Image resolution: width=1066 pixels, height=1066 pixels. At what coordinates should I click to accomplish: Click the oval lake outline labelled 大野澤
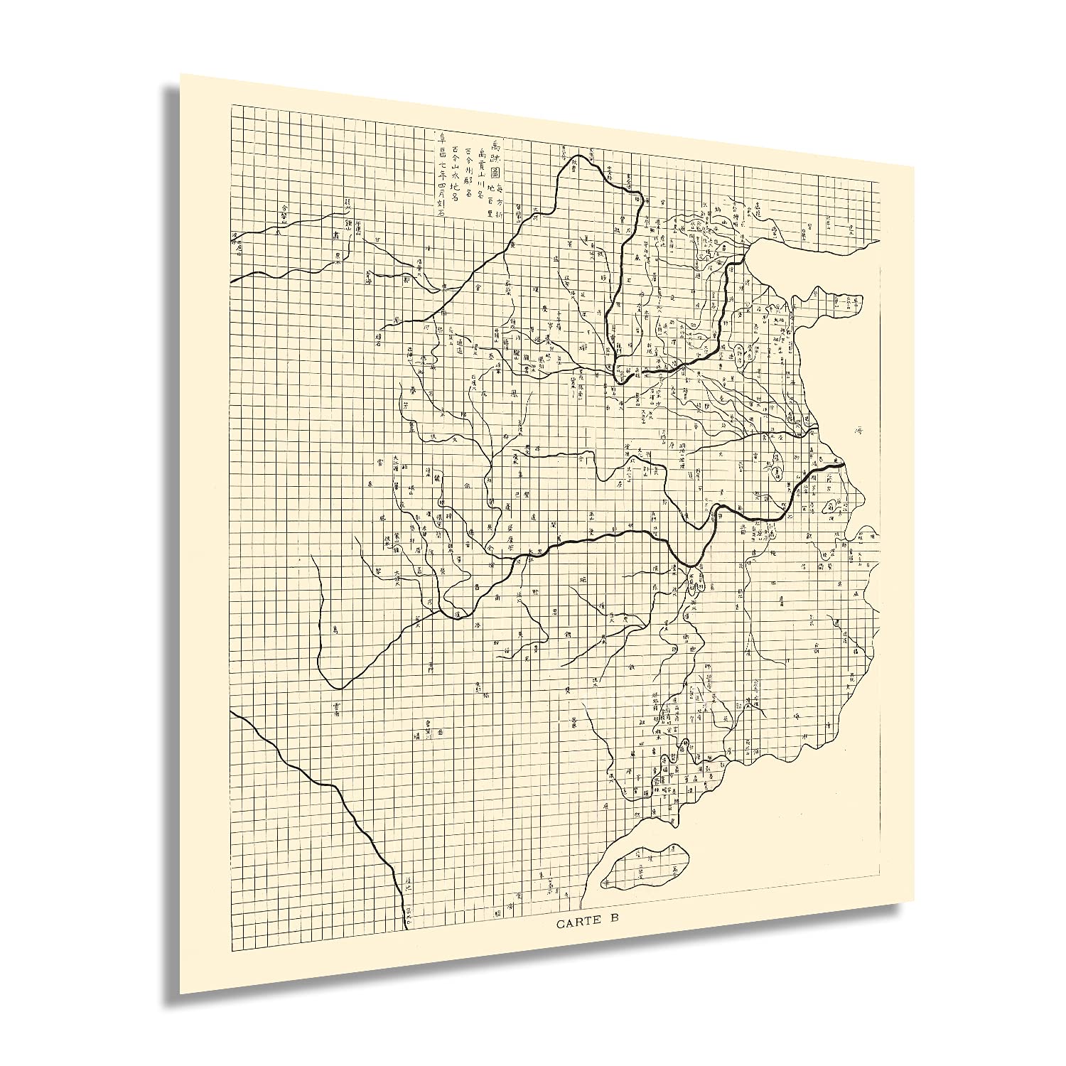point(739,350)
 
